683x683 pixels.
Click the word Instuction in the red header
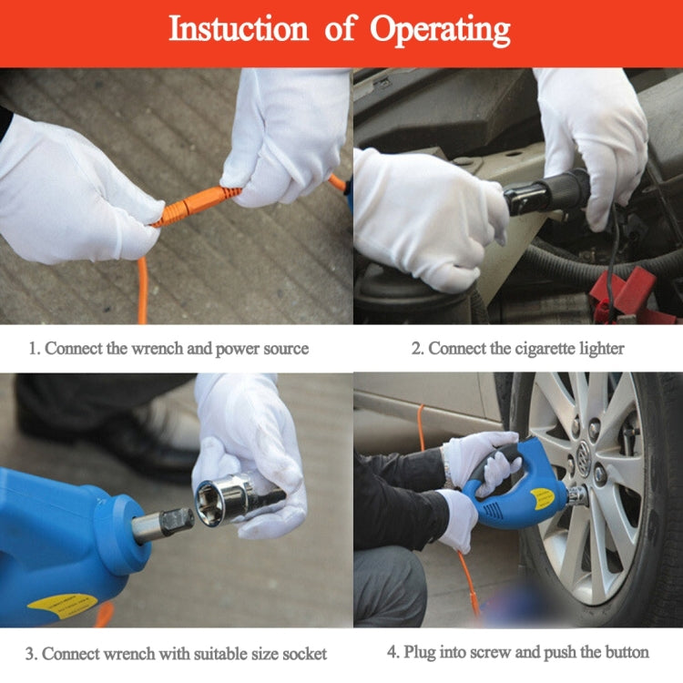[239, 28]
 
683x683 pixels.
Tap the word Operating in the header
[440, 30]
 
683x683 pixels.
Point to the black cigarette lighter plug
[546, 191]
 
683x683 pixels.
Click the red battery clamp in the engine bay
[624, 294]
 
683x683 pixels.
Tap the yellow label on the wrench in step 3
[62, 605]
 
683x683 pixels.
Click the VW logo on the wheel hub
[584, 454]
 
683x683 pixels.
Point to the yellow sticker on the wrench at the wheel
[543, 499]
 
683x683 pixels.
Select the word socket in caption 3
[304, 654]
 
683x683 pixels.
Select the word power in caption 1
[238, 350]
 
